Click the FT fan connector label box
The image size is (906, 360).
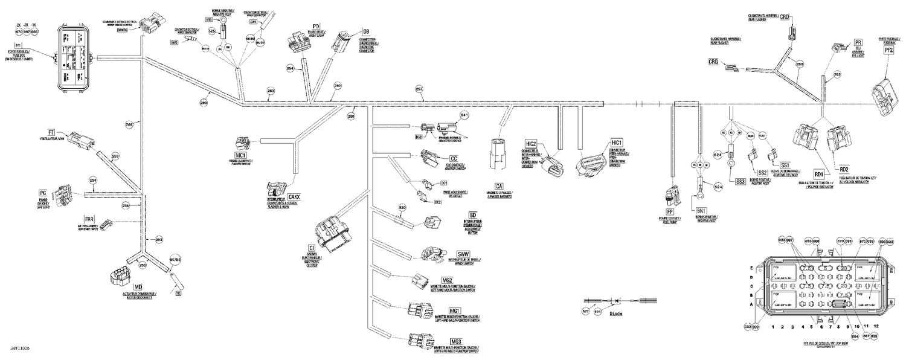click(51, 131)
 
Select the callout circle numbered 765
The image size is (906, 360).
click(129, 125)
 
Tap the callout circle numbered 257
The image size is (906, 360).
click(419, 89)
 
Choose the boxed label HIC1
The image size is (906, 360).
click(616, 142)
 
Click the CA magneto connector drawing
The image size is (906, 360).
click(499, 157)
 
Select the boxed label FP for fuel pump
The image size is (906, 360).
click(669, 212)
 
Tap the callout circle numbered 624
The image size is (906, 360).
click(718, 155)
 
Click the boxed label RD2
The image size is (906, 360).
click(844, 169)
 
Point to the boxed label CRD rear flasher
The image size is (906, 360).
click(785, 17)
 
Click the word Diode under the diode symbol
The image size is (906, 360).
click(615, 314)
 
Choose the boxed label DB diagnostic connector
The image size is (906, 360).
click(365, 31)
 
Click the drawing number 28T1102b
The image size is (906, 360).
click(19, 349)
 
